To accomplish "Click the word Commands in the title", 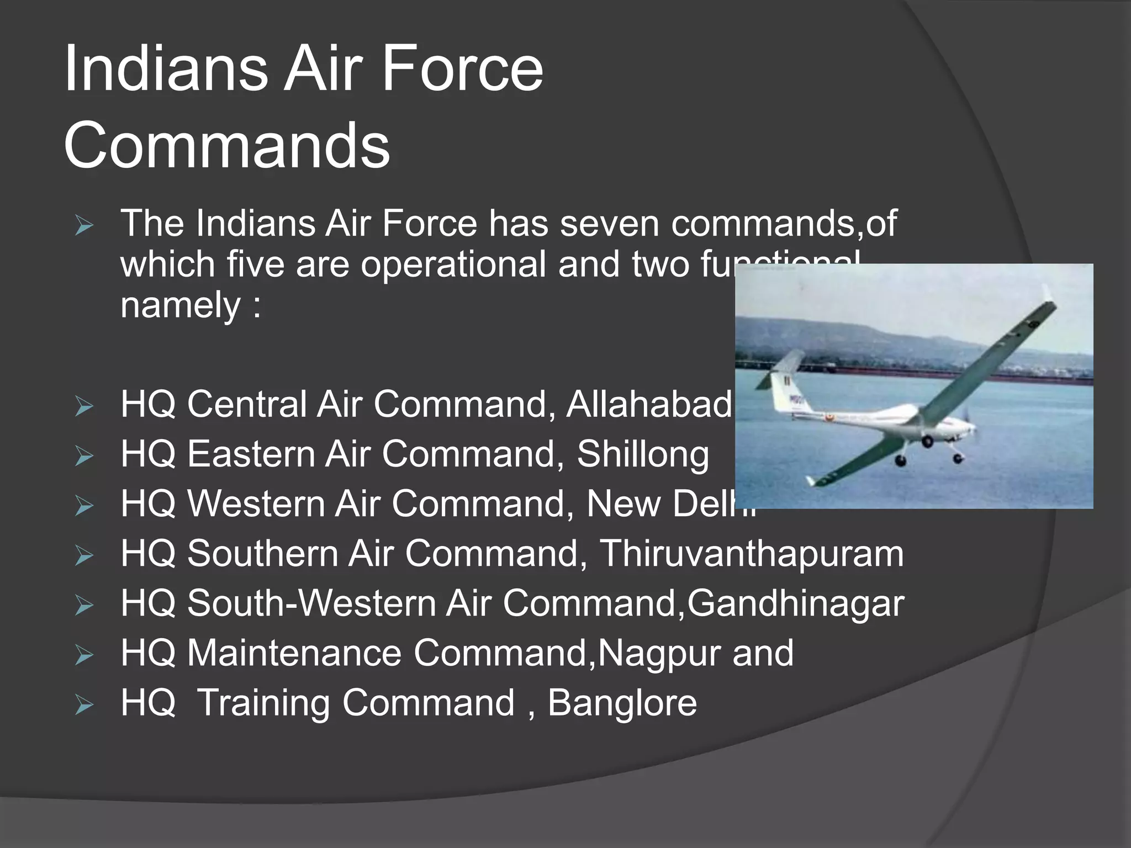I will (x=226, y=145).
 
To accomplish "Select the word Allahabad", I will (x=648, y=404).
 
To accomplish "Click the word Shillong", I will (x=643, y=454).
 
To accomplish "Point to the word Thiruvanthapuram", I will (x=752, y=553).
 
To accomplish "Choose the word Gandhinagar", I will (x=795, y=603).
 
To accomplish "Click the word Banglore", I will (x=622, y=703).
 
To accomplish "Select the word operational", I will (x=453, y=264).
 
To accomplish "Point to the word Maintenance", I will (x=294, y=653).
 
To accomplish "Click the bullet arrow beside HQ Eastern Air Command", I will (x=84, y=456).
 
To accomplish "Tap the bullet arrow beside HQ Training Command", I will (x=84, y=705).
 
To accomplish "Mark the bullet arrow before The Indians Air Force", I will (x=84, y=226).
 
